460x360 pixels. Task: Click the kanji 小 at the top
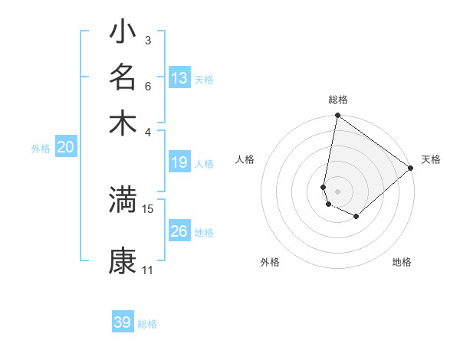[x=123, y=33]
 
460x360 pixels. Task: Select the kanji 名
[x=123, y=77]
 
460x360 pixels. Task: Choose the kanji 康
[x=123, y=260]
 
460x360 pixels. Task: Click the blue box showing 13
[x=179, y=78]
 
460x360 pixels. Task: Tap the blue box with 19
[x=179, y=162]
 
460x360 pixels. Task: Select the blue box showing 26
[x=179, y=231]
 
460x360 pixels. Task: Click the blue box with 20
[x=66, y=148]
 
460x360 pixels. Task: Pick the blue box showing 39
[x=123, y=322]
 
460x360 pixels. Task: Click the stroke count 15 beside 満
[x=148, y=208]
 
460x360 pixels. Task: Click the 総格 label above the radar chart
[x=338, y=100]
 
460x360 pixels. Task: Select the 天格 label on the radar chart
[x=431, y=159]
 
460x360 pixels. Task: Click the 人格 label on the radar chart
[x=245, y=159]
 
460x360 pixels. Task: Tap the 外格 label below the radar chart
[x=270, y=262]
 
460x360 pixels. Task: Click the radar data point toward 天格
[x=411, y=169]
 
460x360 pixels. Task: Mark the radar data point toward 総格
[x=337, y=116]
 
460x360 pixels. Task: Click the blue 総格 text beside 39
[x=147, y=324]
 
